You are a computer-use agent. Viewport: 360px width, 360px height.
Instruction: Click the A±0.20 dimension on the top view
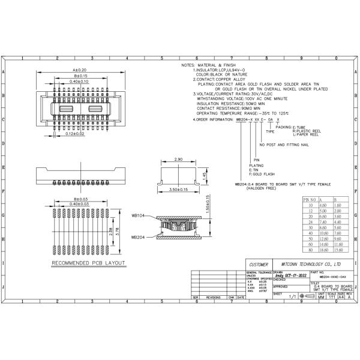point(79,70)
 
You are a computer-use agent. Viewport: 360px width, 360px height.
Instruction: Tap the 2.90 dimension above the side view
point(178,160)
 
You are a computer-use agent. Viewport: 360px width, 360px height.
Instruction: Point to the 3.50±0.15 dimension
point(178,190)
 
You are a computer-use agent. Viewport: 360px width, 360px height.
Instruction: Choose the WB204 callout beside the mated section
point(139,237)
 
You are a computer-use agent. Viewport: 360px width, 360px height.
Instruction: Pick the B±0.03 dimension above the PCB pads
point(78,199)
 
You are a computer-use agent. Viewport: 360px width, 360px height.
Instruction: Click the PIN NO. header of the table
point(310,199)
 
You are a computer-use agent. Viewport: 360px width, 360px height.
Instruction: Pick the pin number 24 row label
point(310,222)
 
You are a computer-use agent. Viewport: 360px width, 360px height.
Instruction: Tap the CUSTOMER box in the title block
point(259,264)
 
